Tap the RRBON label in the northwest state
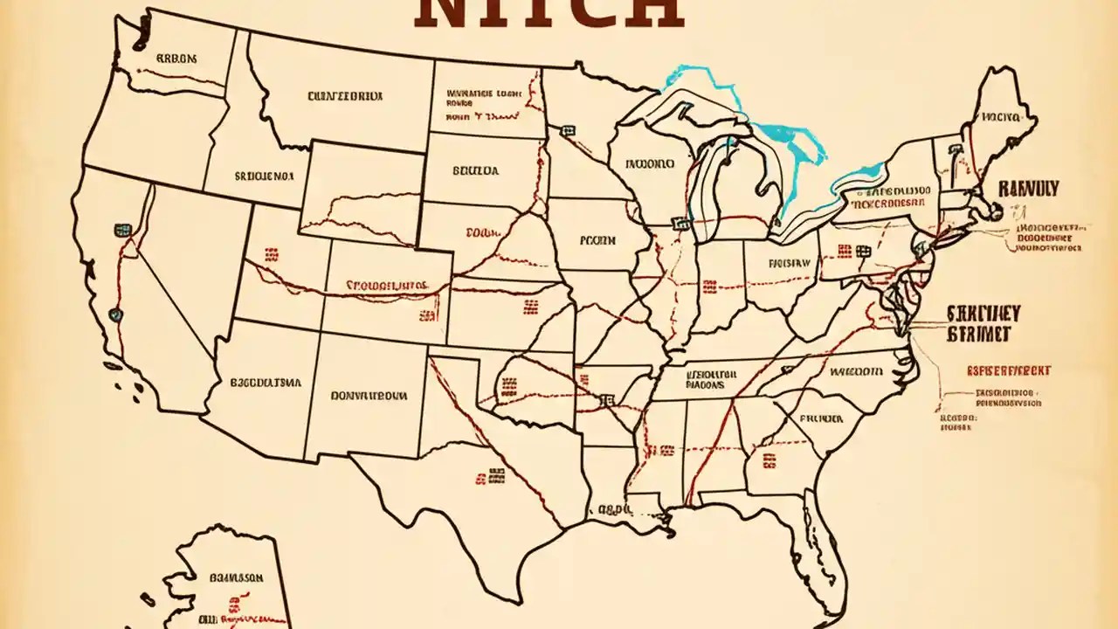176,59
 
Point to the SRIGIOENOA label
264,175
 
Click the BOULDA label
476,171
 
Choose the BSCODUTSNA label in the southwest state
266,383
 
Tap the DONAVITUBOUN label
369,395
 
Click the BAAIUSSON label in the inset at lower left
237,577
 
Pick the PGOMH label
598,238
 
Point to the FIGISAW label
790,262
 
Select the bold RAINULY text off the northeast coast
1028,189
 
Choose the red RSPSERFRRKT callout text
1008,371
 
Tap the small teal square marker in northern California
122,231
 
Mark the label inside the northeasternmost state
1000,115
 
